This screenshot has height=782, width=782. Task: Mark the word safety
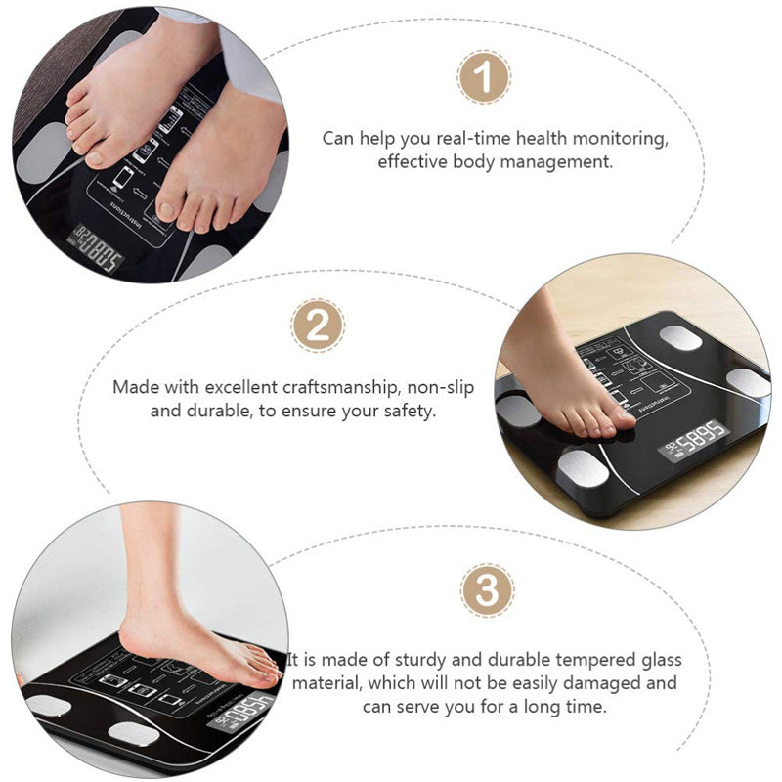pyautogui.click(x=407, y=411)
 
